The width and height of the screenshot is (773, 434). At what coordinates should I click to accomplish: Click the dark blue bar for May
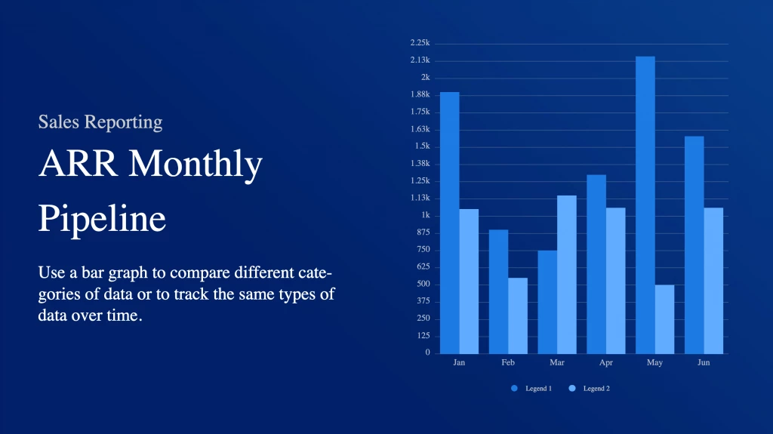[645, 205]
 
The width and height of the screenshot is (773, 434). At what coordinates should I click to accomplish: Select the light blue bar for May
[664, 319]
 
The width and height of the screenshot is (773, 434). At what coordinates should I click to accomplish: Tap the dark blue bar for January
[450, 223]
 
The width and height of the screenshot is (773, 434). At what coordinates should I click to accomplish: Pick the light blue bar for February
[518, 316]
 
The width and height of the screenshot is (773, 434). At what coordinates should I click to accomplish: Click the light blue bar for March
[567, 275]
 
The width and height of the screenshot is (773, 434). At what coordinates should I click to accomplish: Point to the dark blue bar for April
[596, 264]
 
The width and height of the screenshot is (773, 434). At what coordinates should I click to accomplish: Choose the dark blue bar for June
[694, 245]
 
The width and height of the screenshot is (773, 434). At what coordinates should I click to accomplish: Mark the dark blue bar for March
[548, 303]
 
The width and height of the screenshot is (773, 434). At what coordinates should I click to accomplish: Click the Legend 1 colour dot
[514, 389]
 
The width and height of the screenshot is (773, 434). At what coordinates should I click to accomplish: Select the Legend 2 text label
[596, 389]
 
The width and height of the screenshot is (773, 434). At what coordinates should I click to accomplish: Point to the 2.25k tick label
[420, 43]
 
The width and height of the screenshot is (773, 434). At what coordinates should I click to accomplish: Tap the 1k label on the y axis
[426, 215]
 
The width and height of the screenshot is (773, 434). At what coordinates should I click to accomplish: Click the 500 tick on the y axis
[423, 284]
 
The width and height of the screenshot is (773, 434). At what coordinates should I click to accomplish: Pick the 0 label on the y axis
[428, 352]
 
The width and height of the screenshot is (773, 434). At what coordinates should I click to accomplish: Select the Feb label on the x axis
[508, 362]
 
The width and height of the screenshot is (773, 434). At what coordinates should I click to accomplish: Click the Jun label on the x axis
[704, 362]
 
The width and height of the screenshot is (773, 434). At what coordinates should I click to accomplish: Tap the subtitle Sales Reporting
[100, 122]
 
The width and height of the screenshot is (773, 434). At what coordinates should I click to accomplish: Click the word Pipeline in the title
[102, 218]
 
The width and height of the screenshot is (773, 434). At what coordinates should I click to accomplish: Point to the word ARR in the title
[79, 163]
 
